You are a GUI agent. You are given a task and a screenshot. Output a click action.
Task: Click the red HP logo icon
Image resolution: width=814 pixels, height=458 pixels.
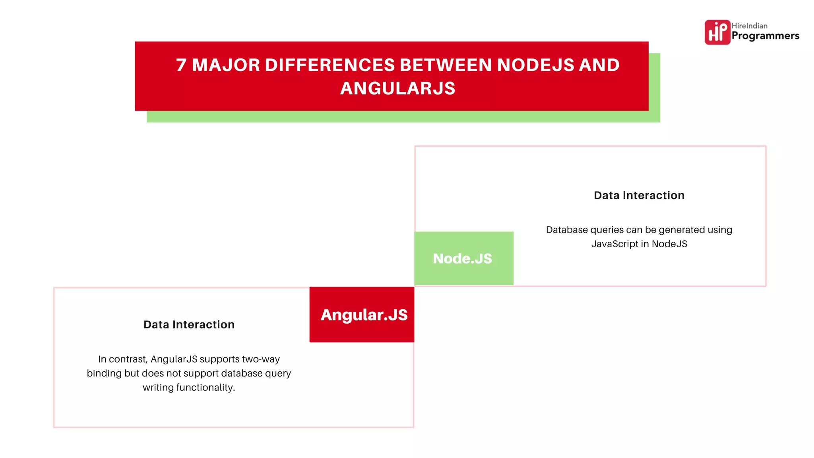point(717,32)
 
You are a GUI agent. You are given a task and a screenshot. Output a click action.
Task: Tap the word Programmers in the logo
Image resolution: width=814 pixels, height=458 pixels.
point(765,36)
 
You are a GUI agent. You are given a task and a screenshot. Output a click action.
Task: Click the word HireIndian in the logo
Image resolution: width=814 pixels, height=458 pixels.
point(749,26)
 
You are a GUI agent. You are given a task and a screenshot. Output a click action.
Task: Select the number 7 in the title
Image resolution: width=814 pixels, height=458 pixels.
point(181,65)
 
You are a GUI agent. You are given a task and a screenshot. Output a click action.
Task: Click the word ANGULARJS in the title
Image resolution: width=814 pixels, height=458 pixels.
point(397,88)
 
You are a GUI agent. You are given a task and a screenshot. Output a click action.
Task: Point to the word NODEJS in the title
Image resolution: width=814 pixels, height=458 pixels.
point(535,65)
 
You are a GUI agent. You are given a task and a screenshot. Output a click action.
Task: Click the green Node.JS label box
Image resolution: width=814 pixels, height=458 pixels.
point(463,258)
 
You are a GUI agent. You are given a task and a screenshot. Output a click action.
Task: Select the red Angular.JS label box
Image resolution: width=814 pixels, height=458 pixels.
point(362,314)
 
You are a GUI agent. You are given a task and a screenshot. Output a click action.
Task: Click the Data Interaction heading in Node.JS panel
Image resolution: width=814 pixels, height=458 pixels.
point(639,195)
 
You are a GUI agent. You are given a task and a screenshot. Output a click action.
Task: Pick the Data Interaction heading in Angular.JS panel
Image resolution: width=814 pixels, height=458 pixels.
point(189,324)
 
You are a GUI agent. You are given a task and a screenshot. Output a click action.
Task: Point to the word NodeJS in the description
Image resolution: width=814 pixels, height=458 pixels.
point(669,244)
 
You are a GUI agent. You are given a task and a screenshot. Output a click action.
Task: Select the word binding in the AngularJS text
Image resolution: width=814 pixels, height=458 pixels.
point(104,373)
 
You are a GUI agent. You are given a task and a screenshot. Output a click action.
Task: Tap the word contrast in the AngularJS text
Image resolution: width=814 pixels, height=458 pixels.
point(128,359)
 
